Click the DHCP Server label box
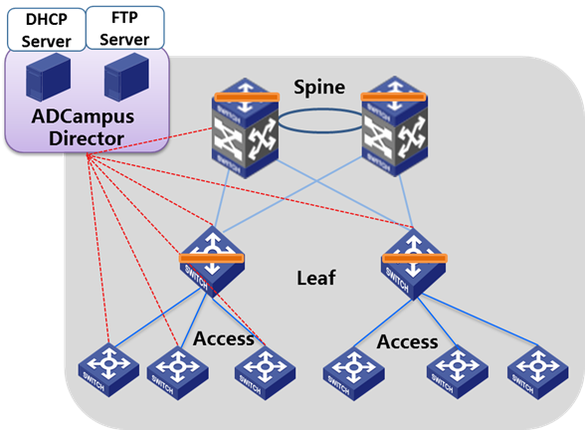click(47, 30)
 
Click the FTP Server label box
click(125, 28)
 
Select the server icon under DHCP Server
click(49, 77)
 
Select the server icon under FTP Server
click(127, 77)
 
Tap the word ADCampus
click(83, 117)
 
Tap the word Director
click(87, 138)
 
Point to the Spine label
click(319, 88)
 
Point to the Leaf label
click(316, 278)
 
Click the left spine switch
click(245, 128)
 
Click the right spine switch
click(395, 126)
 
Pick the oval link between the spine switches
click(320, 120)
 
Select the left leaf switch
click(212, 261)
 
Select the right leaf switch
click(414, 265)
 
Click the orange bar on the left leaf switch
click(212, 259)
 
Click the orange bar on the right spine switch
click(394, 98)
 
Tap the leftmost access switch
click(108, 370)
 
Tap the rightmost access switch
click(537, 372)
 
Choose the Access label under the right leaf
click(408, 342)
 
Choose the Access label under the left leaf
click(224, 338)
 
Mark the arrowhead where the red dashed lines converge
click(89, 156)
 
